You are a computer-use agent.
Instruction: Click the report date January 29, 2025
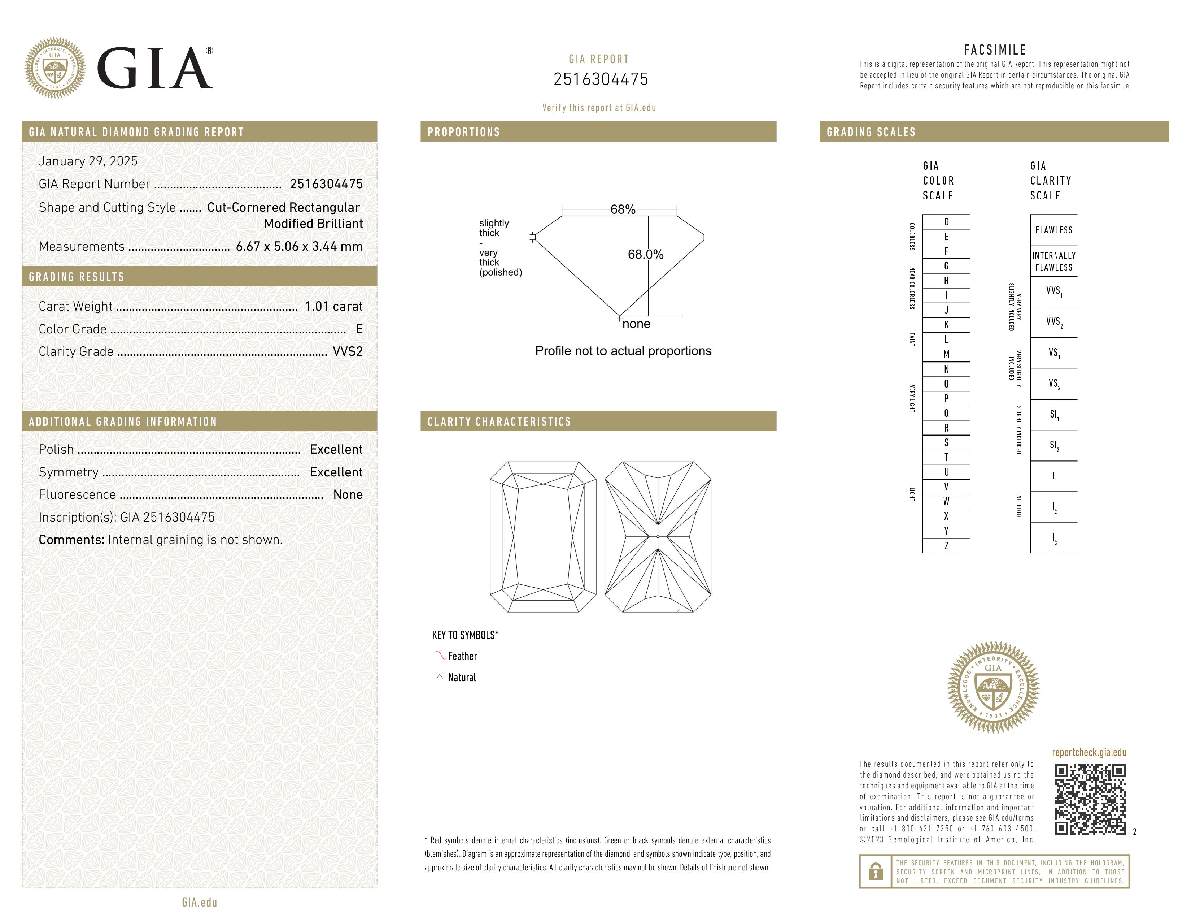(88, 161)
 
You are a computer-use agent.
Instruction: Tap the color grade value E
(359, 329)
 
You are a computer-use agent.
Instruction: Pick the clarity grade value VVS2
(347, 351)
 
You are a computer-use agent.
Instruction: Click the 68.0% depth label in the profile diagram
(645, 254)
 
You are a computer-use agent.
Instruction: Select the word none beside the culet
(636, 324)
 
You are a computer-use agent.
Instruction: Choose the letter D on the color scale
(946, 221)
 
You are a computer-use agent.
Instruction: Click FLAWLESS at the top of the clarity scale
(1053, 230)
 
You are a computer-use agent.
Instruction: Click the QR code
(1090, 799)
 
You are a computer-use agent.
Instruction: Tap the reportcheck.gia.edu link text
(1089, 752)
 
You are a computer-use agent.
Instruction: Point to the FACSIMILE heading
(995, 49)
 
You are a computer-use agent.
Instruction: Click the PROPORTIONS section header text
(463, 132)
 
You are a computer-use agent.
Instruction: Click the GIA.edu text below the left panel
(199, 902)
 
